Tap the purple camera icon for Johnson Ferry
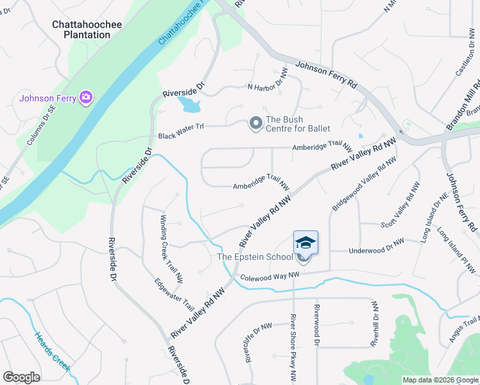click(86, 98)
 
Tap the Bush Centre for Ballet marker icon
click(255, 123)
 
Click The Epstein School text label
click(255, 257)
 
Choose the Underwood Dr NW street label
click(376, 246)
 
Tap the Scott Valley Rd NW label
click(400, 205)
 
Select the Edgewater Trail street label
click(175, 293)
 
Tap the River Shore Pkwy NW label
click(293, 349)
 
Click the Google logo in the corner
click(21, 377)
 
